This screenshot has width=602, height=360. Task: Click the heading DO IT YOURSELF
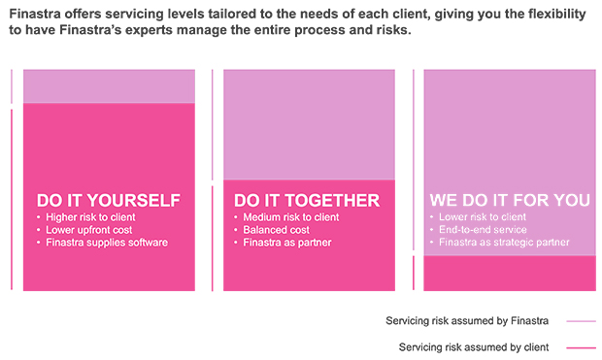[108, 200]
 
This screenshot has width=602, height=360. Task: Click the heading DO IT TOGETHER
[307, 200]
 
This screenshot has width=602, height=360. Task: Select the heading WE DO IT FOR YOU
[510, 200]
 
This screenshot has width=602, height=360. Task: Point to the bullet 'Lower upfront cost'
[87, 230]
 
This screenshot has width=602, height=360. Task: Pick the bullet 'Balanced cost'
[276, 230]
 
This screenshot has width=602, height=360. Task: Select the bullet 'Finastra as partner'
[287, 243]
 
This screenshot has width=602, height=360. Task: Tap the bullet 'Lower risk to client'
[482, 217]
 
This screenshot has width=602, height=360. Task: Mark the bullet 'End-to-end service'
[483, 230]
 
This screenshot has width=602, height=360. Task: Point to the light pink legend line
[581, 321]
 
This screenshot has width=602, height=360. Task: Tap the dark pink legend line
[581, 347]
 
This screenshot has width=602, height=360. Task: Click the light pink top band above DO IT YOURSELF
[109, 86]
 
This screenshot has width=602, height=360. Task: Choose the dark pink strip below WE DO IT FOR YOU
[510, 273]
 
